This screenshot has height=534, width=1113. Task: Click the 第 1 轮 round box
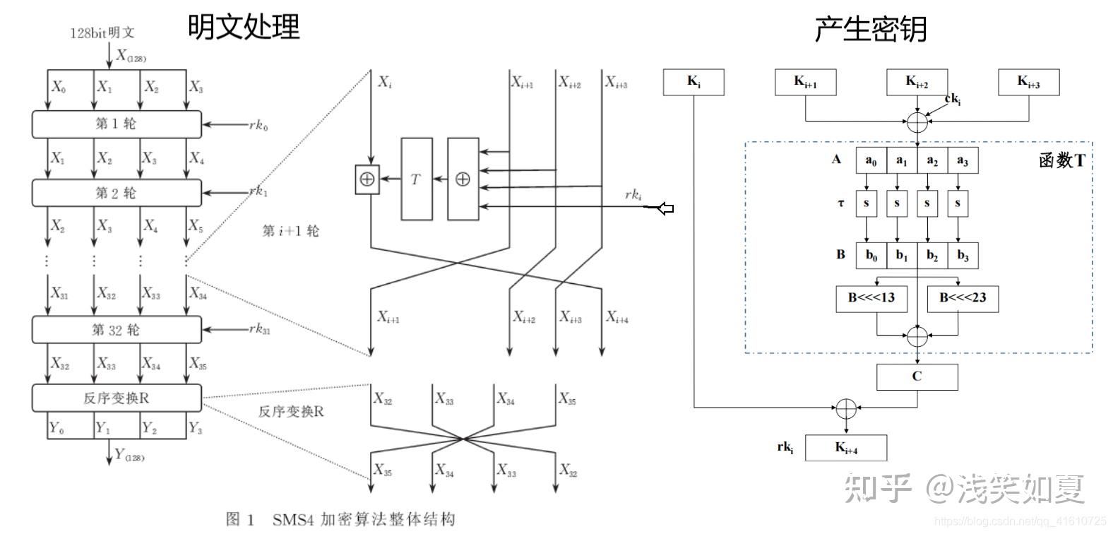coord(117,124)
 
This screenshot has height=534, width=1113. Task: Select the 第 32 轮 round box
coord(117,330)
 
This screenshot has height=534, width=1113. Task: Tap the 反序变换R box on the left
coord(117,398)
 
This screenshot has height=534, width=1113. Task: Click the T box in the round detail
coord(416,179)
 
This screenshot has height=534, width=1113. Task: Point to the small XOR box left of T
coord(367,179)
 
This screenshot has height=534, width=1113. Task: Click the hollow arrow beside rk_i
coord(665,208)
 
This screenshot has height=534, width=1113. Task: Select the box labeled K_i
coord(694,82)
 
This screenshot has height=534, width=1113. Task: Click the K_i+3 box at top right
coord(1028,82)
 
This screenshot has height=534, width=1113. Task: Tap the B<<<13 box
coord(871,298)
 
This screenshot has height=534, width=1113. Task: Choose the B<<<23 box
coord(962,298)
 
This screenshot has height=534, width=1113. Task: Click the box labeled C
coord(917,376)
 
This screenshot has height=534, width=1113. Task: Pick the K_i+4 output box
coord(846,447)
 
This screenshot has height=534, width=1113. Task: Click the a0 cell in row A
coord(871,161)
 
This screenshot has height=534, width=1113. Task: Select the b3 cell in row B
coord(963,256)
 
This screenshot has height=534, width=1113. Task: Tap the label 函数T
coord(1061,161)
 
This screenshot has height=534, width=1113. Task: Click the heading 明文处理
coord(244,27)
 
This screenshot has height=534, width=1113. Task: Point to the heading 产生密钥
coord(870,30)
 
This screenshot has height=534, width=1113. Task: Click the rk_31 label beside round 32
coord(259,329)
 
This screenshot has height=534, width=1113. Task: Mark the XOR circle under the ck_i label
coord(917,121)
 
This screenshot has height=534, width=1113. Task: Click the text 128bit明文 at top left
coord(102,32)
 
